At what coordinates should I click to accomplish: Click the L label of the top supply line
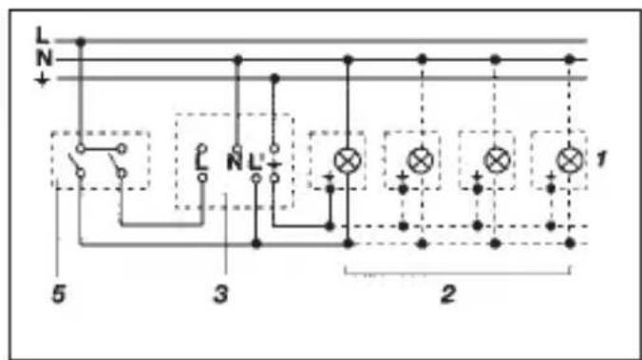(x=42, y=35)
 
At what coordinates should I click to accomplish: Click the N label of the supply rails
(x=45, y=58)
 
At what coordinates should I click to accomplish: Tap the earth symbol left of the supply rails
(x=42, y=80)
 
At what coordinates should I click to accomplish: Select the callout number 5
(x=59, y=294)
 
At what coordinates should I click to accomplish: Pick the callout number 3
(x=221, y=294)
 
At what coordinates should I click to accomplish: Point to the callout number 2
(x=448, y=294)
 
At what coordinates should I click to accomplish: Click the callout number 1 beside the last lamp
(x=600, y=159)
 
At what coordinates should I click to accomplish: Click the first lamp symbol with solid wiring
(x=348, y=161)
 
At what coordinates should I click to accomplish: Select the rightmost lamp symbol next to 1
(x=570, y=161)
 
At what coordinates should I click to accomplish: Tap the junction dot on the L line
(x=81, y=42)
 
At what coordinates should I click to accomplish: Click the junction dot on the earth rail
(x=274, y=78)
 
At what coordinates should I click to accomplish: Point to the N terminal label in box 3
(x=235, y=162)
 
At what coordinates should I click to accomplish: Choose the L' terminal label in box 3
(x=255, y=162)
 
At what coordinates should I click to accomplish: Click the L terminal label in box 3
(x=201, y=162)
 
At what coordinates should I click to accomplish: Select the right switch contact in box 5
(x=116, y=163)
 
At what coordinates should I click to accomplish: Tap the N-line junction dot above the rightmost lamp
(x=570, y=60)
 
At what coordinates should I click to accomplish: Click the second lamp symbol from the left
(x=421, y=161)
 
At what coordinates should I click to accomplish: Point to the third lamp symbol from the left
(x=497, y=161)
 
